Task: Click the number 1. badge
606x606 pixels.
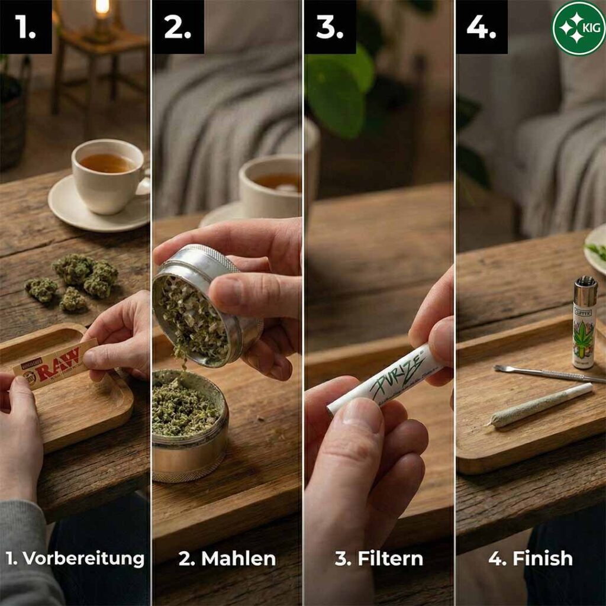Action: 25,27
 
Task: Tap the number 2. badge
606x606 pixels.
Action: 178,27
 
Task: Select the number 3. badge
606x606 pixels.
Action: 330,27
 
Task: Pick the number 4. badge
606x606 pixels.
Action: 482,27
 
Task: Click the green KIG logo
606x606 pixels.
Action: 578,28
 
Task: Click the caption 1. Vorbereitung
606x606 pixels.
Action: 75,558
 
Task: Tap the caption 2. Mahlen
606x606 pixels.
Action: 227,558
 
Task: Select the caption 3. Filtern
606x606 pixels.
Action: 379,558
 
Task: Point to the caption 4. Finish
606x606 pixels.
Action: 530,558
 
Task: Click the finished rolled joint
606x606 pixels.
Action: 541,405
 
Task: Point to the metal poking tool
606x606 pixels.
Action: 548,373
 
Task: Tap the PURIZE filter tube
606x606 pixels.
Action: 387,382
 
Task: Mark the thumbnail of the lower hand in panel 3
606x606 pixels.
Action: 362,415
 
